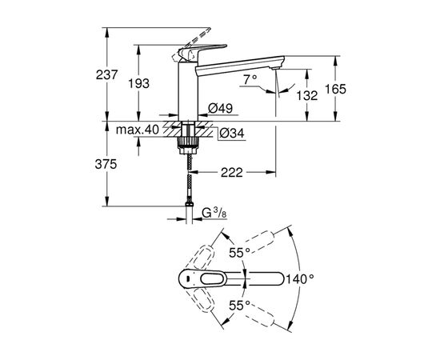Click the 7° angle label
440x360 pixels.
[x=250, y=79]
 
